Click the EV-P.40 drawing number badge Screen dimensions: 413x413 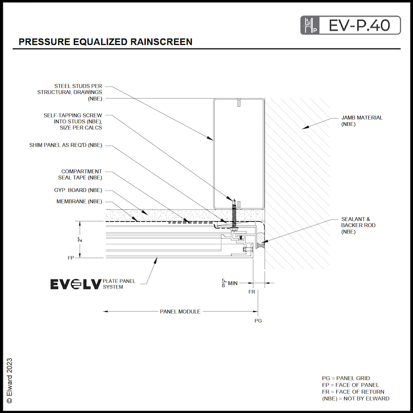click(351, 25)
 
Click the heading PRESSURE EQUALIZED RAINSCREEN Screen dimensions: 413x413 click(105, 42)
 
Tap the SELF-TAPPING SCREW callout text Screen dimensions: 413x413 click(73, 121)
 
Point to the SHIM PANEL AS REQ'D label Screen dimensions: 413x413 click(65, 145)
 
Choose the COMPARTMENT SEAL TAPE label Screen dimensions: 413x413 click(80, 174)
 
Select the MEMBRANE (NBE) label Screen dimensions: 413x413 click(79, 201)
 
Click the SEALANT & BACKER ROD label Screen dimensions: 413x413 click(356, 225)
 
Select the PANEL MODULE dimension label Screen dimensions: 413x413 click(180, 311)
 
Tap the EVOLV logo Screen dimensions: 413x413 click(76, 284)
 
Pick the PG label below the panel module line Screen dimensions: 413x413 click(258, 321)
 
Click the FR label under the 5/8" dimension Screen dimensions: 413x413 click(252, 292)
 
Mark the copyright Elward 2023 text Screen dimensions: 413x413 click(9, 380)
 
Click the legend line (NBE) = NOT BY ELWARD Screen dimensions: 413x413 click(355, 398)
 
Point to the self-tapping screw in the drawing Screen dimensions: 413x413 click(234, 215)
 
